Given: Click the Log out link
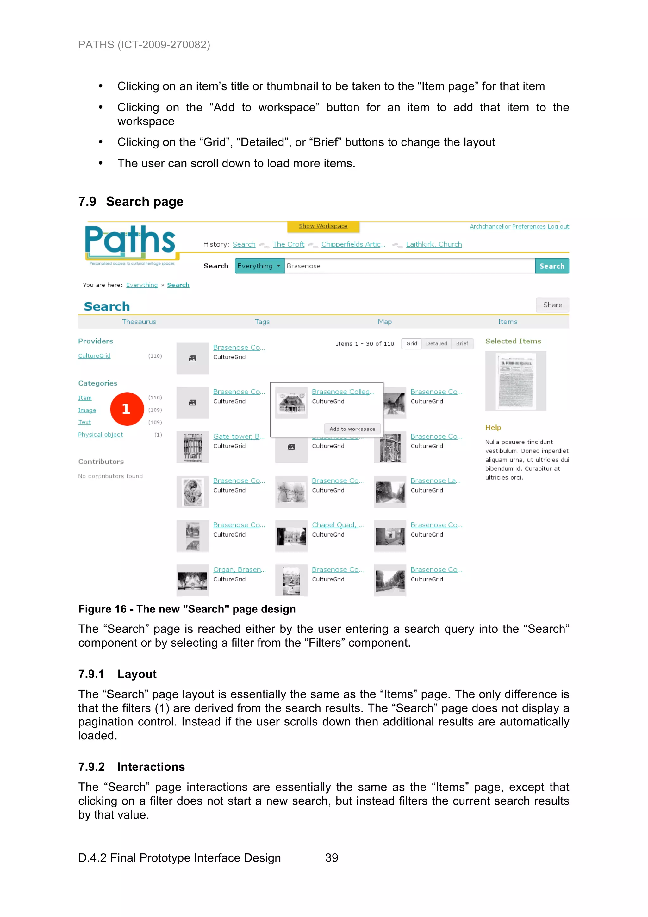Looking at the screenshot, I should [558, 226].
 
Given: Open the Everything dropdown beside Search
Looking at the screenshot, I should [259, 266].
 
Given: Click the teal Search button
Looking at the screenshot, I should [552, 266].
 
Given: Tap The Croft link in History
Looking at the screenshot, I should [288, 244].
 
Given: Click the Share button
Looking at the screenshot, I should [552, 305].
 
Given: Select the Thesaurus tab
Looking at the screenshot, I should [139, 322].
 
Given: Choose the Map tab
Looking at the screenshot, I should [384, 322].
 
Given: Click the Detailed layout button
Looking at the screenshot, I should [436, 343].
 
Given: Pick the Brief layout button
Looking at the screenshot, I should [462, 343].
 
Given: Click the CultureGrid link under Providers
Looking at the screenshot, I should [94, 355].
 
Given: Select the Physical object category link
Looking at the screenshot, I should [101, 435].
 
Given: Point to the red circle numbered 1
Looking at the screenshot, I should [127, 409].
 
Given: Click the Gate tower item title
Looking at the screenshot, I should [238, 436].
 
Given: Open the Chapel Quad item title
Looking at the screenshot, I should [337, 525].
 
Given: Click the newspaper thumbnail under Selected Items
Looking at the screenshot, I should [515, 381].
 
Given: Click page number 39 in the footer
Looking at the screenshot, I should [331, 858].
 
